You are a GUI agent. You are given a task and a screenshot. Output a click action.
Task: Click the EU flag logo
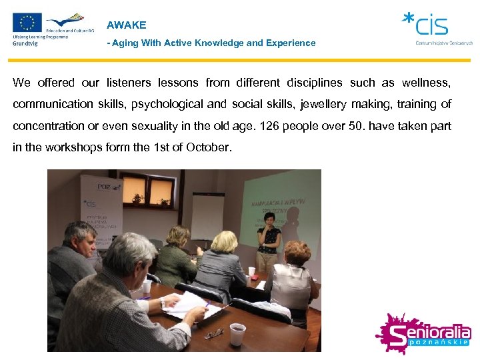pos(27,23)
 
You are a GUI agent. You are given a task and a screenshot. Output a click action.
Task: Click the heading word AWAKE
pos(126,25)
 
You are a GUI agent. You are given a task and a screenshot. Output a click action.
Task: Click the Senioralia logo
pos(423,333)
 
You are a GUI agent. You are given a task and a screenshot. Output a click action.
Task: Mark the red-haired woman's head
pos(297,252)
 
